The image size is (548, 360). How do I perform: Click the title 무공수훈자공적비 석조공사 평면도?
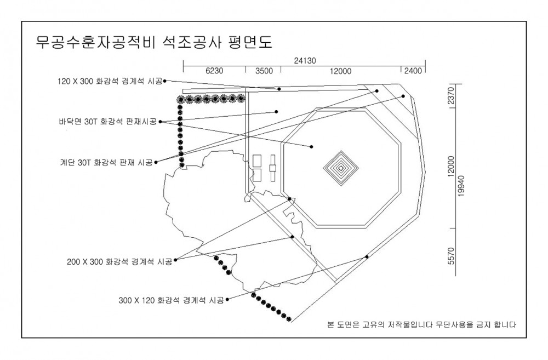point(154,42)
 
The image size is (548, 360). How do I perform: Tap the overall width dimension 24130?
point(305,61)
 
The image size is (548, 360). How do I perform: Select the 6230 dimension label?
point(214,71)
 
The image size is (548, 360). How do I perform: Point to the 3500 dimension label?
point(264,71)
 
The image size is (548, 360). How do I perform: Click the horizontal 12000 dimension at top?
point(340,71)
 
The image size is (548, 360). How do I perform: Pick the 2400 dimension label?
point(413,71)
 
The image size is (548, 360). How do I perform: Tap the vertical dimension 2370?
point(451,96)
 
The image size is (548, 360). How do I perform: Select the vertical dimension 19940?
point(461,186)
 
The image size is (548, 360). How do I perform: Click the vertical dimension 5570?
point(451,256)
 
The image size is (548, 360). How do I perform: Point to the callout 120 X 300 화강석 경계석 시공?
point(110,82)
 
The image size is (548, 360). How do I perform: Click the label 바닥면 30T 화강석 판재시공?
point(107,122)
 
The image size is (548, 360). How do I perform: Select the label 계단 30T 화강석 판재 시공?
point(107,163)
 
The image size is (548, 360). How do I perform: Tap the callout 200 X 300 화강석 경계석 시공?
point(119,262)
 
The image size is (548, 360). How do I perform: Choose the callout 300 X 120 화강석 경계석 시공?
point(171,300)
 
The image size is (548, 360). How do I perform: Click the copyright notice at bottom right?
point(421,325)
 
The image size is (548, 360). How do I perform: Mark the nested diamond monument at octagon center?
point(341,168)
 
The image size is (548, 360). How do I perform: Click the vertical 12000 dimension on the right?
point(451,167)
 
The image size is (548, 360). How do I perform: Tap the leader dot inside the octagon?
point(311,147)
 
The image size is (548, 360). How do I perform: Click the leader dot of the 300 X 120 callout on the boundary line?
point(367,257)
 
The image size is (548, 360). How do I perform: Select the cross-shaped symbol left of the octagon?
point(272,168)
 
